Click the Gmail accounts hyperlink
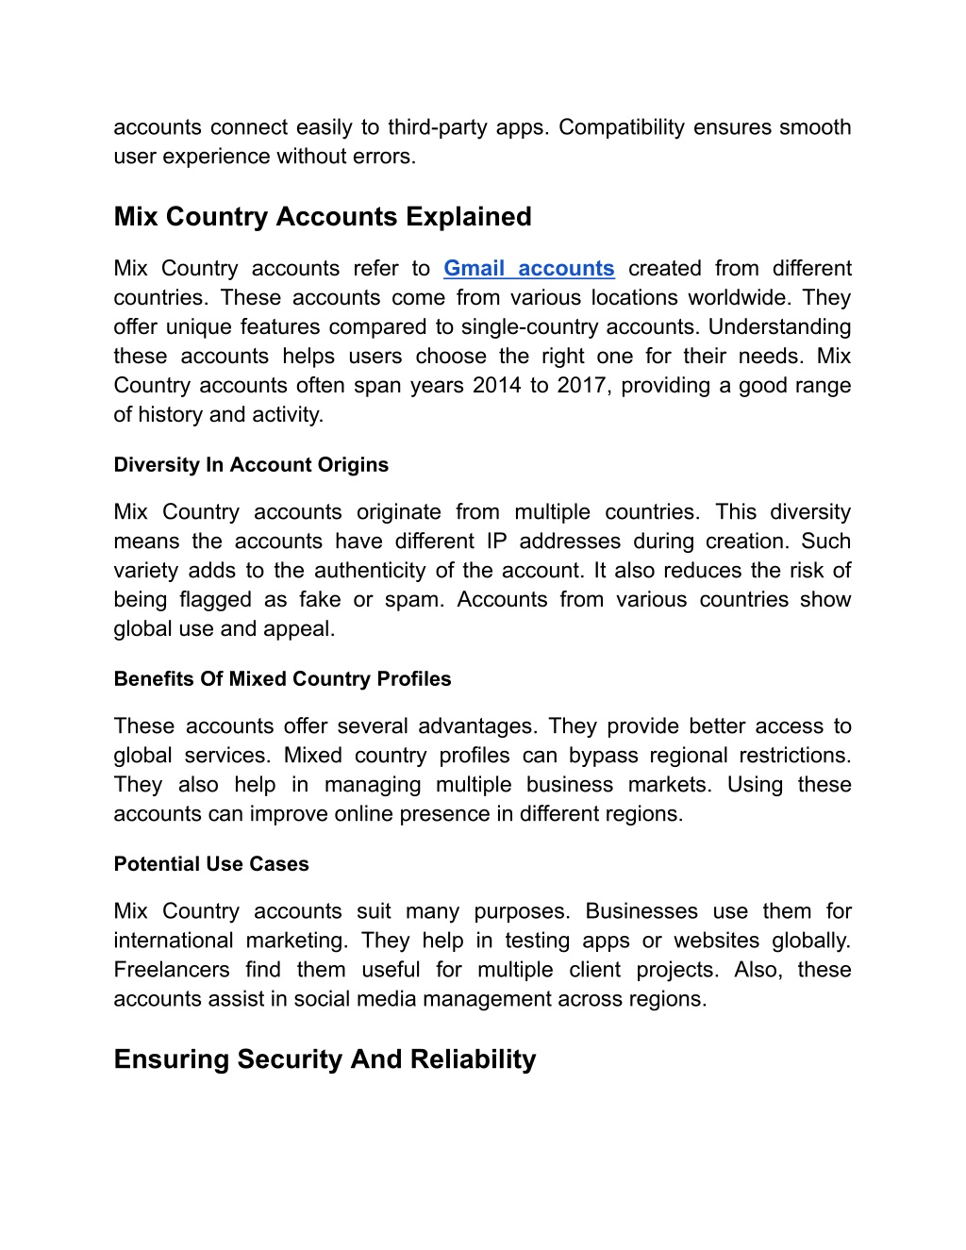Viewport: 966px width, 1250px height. (x=528, y=269)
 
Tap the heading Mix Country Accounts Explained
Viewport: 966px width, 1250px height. (x=323, y=217)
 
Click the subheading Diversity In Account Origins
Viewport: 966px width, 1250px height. (x=251, y=465)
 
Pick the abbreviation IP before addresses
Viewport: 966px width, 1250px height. (x=496, y=542)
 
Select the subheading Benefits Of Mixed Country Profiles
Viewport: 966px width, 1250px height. (x=282, y=679)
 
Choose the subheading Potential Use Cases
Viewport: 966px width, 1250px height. (x=211, y=864)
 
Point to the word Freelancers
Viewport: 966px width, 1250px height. (x=172, y=970)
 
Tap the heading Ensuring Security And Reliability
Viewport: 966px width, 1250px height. (x=325, y=1059)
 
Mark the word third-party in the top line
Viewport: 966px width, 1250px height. (x=438, y=127)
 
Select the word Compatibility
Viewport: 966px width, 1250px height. (x=622, y=127)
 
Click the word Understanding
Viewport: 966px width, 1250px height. (x=779, y=327)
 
